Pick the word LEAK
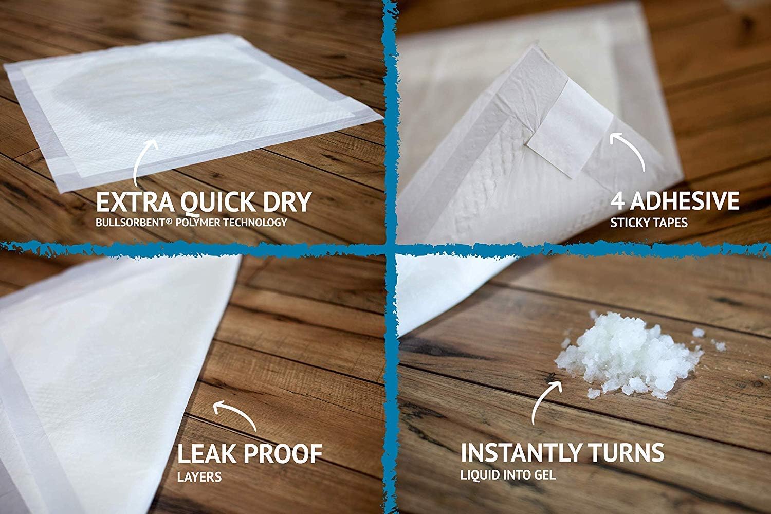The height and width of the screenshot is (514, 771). pos(208,453)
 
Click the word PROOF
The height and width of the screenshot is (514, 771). pos(283,453)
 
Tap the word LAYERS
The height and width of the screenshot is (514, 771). pos(199,477)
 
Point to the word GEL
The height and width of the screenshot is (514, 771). pos(544,475)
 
